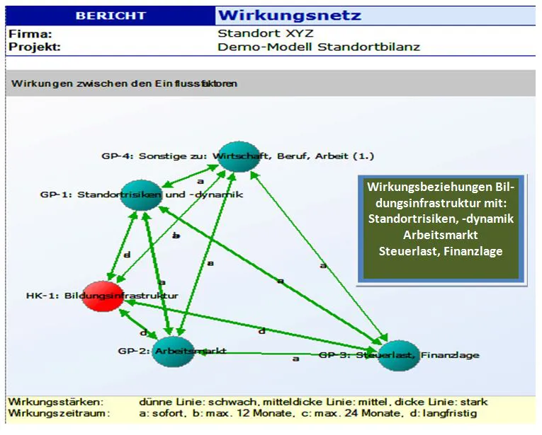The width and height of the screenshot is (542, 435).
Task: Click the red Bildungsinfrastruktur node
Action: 103,295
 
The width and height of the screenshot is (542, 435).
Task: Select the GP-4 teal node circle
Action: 235,155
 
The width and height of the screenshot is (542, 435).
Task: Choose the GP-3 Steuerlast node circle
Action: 394,354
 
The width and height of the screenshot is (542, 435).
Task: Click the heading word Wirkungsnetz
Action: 290,15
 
